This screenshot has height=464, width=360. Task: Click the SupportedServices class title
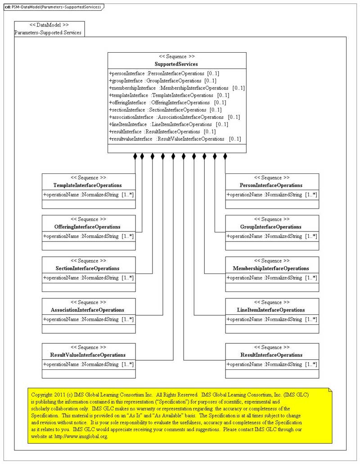176,64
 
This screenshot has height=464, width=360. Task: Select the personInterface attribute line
164,73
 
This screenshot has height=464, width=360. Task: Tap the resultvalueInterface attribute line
175,139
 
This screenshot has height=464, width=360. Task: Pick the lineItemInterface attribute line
168,124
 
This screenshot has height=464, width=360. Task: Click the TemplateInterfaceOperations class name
87,185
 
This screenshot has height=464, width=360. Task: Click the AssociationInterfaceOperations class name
88,309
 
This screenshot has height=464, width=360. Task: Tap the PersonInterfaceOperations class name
271,185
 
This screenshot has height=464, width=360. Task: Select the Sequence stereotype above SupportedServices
176,57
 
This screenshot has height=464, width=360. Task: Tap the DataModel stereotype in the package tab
49,25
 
